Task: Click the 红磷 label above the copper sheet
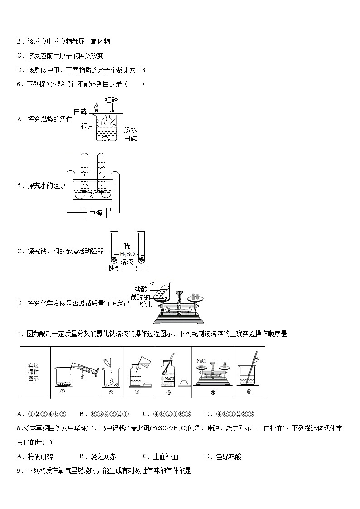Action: (x=112, y=100)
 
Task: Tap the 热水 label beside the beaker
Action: (x=131, y=130)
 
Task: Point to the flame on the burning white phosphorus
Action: (x=96, y=107)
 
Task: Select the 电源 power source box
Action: (x=97, y=213)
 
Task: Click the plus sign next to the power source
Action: (x=110, y=209)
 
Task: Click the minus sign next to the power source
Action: (x=83, y=208)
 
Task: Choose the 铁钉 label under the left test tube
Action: (x=114, y=268)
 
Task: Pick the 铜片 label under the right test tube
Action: (x=141, y=268)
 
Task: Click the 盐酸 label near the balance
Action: (x=141, y=289)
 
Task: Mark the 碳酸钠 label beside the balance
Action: (x=140, y=297)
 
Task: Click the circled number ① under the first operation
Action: (x=63, y=391)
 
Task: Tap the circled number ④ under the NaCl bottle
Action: (x=169, y=392)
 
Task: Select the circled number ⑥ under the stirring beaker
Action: (x=249, y=392)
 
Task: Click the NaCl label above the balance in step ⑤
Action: (x=201, y=361)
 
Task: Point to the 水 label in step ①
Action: (x=82, y=377)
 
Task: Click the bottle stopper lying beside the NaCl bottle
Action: (x=184, y=383)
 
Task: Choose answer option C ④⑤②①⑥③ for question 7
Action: (x=167, y=414)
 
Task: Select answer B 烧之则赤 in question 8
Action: (x=98, y=456)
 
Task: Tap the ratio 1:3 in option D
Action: (x=141, y=70)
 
